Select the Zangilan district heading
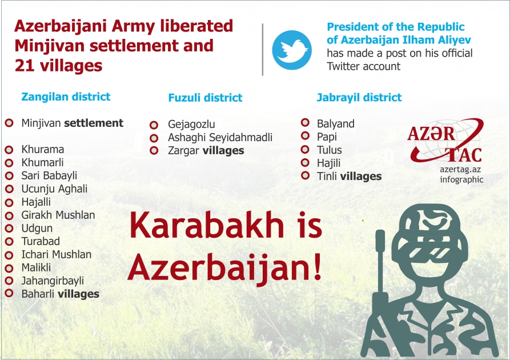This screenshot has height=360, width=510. point(66,97)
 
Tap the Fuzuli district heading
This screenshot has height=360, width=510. point(205,98)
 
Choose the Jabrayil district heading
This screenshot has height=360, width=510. point(359,97)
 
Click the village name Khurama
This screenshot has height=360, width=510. point(43,150)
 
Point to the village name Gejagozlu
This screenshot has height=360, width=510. point(191,125)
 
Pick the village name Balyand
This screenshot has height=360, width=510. point(336,124)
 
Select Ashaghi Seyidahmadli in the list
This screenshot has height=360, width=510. point(220,138)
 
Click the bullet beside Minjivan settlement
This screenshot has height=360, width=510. point(9,123)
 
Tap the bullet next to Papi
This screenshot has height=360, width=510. point(305,137)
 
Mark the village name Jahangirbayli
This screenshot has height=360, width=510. point(53,281)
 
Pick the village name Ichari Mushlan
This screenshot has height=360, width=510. point(57,254)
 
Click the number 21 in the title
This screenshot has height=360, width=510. point(25,66)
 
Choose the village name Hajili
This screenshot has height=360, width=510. point(329,163)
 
